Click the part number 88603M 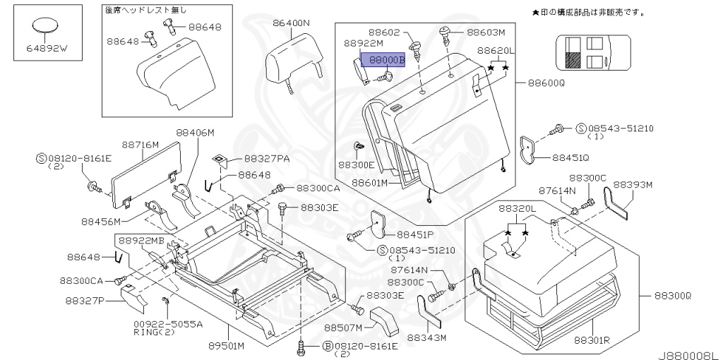point(486,32)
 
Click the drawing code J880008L point(688,351)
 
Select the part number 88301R point(591,340)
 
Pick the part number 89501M point(227,346)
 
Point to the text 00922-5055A point(168,324)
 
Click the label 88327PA point(267,160)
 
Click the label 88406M point(195,133)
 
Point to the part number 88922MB point(141,241)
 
